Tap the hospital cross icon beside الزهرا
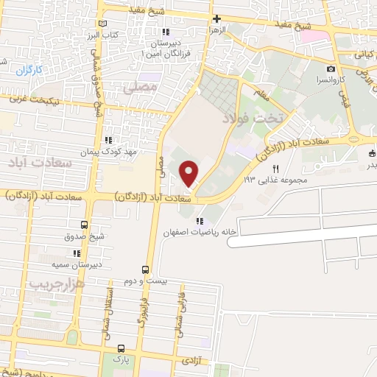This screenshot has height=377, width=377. [x=216, y=19]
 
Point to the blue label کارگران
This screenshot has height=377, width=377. [x=30, y=70]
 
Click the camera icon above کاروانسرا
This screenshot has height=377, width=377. [x=331, y=68]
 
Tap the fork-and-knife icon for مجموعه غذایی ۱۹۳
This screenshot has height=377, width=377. [x=276, y=169]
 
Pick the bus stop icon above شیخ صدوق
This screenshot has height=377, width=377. [x=82, y=225]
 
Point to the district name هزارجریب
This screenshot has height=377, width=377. [x=59, y=282]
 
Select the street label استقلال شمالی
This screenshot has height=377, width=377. [x=116, y=309]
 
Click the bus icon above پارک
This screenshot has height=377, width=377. [x=121, y=348]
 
